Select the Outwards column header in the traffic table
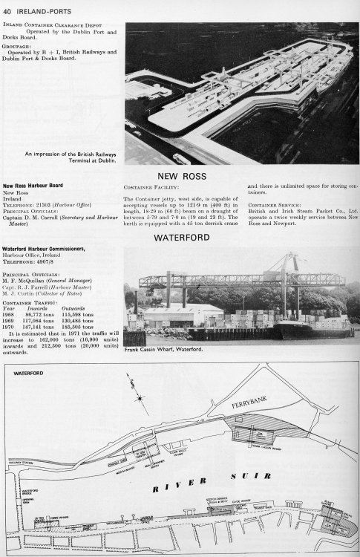click(x=79, y=308)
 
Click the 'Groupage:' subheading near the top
click(x=18, y=46)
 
